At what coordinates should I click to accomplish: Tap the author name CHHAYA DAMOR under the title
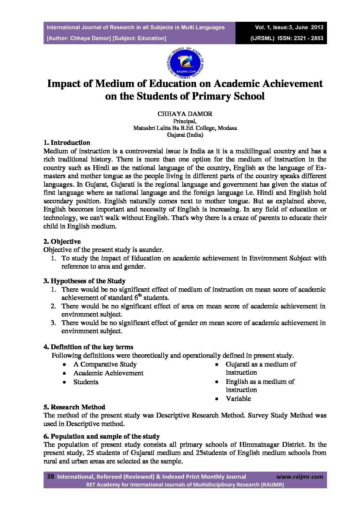coord(185,114)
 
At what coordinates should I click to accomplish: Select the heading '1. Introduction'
coord(67,142)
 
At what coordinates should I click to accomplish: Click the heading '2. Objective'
coord(62,241)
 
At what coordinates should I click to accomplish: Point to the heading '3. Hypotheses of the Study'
coord(84,281)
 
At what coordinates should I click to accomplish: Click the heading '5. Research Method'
coord(74,407)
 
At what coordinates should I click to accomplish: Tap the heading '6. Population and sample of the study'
coord(101,436)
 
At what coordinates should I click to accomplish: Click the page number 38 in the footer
coord(50,477)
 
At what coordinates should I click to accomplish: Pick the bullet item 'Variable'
coord(238,398)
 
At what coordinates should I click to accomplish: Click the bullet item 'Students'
coord(86,382)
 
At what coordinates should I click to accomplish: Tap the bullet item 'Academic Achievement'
coord(108,373)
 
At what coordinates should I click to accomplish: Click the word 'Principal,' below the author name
coord(185,121)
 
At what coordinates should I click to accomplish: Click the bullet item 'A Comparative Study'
coord(105,364)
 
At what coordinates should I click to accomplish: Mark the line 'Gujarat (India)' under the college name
coord(185,135)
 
